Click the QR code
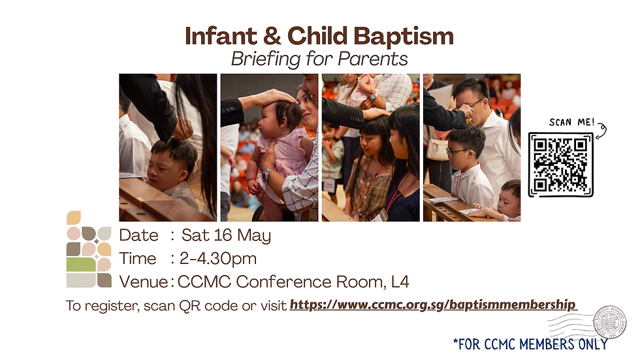pyautogui.click(x=560, y=165)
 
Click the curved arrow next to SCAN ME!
pyautogui.click(x=601, y=131)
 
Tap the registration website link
pyautogui.click(x=432, y=304)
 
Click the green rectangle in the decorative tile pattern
pyautogui.click(x=81, y=265)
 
